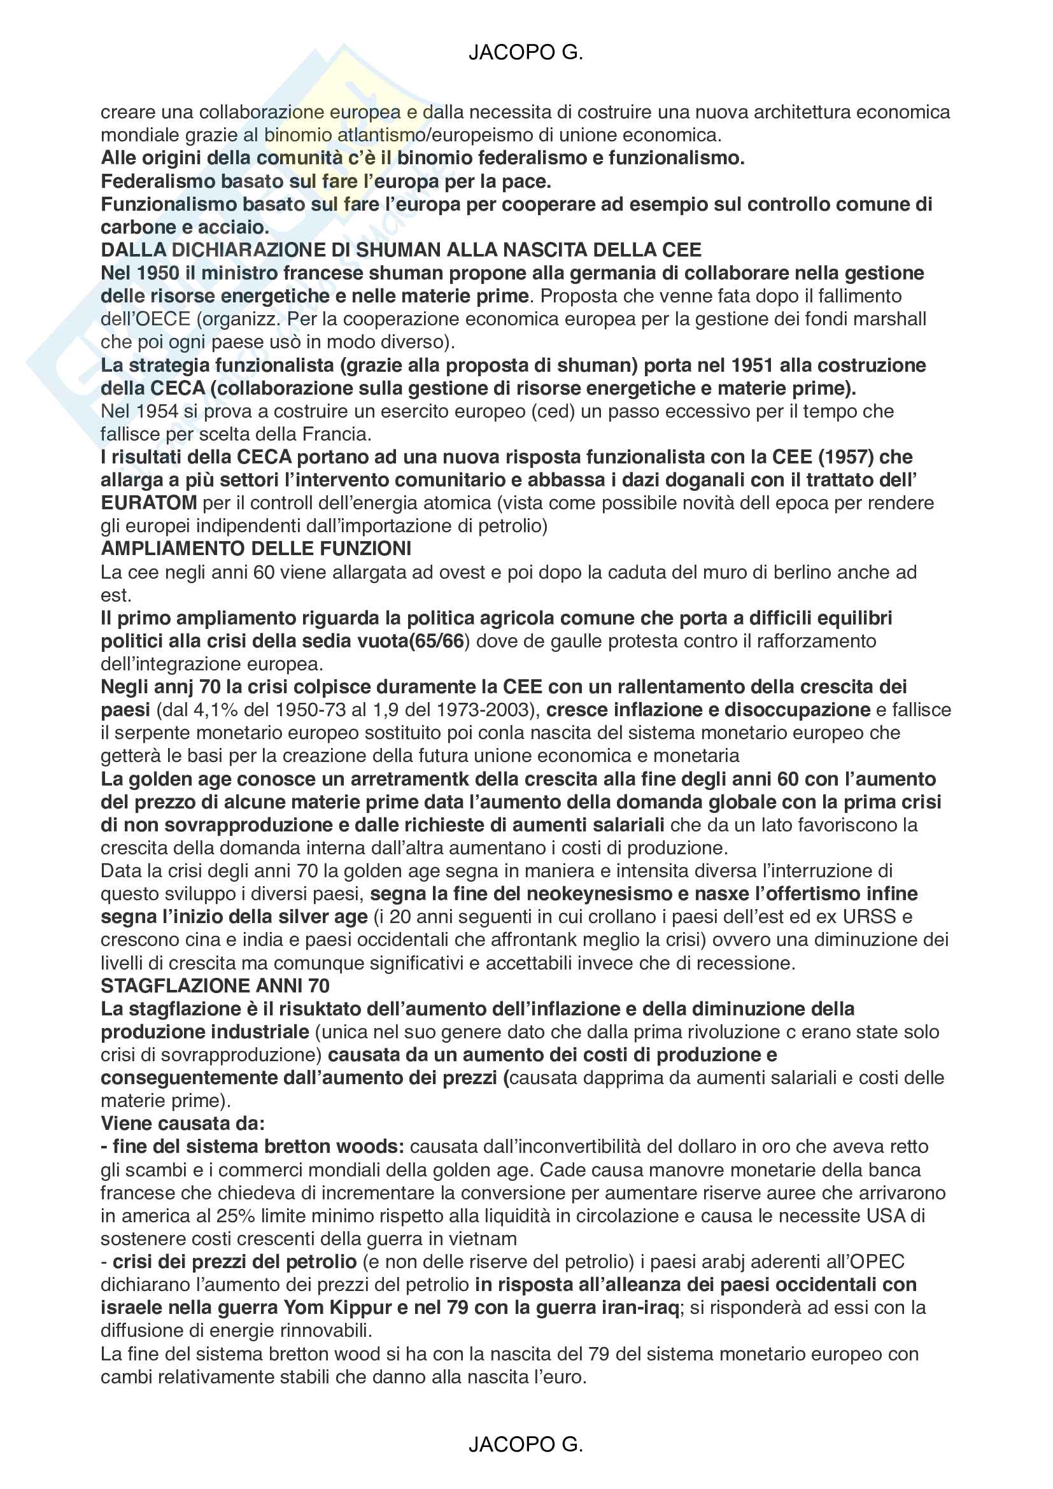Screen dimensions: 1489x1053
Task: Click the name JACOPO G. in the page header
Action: (x=526, y=53)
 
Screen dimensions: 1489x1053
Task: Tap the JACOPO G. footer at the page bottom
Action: (x=526, y=1444)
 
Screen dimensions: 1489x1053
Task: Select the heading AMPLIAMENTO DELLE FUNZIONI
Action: (x=256, y=549)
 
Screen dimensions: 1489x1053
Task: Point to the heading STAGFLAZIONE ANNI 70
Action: (x=215, y=985)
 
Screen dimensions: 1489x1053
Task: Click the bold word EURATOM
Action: (x=148, y=503)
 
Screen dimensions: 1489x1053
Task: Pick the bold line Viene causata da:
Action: (x=183, y=1123)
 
